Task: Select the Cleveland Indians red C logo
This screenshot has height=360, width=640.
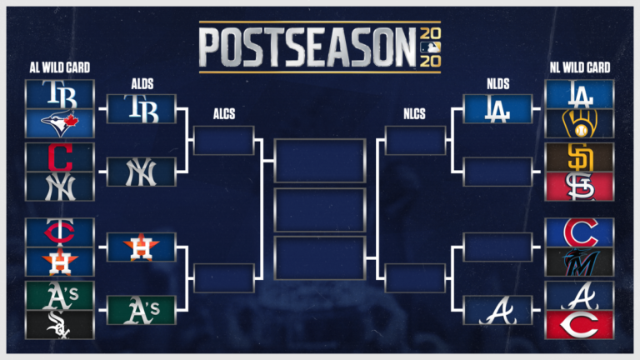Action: [x=59, y=156]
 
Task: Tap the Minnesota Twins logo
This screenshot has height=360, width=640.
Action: [x=59, y=232]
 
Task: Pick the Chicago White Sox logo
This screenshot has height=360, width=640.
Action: [x=59, y=324]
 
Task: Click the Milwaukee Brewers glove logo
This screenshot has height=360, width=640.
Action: [x=579, y=123]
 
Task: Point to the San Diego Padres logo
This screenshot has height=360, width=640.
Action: [x=579, y=157]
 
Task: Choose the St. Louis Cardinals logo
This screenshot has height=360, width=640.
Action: [x=579, y=187]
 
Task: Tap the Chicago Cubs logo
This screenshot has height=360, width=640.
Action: [x=579, y=231]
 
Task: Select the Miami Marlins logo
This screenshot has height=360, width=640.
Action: [x=579, y=262]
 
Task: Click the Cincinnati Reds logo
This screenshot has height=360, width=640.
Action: [x=579, y=324]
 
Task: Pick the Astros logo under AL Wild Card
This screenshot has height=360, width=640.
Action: [x=59, y=262]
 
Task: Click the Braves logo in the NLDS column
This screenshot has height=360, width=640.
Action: [x=497, y=310]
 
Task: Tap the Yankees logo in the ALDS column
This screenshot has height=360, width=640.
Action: [x=141, y=172]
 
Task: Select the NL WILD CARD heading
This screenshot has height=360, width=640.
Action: [x=581, y=67]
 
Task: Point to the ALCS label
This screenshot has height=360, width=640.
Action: [x=223, y=115]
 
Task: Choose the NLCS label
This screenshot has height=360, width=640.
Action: [x=415, y=115]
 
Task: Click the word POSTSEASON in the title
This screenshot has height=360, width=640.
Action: [x=307, y=47]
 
